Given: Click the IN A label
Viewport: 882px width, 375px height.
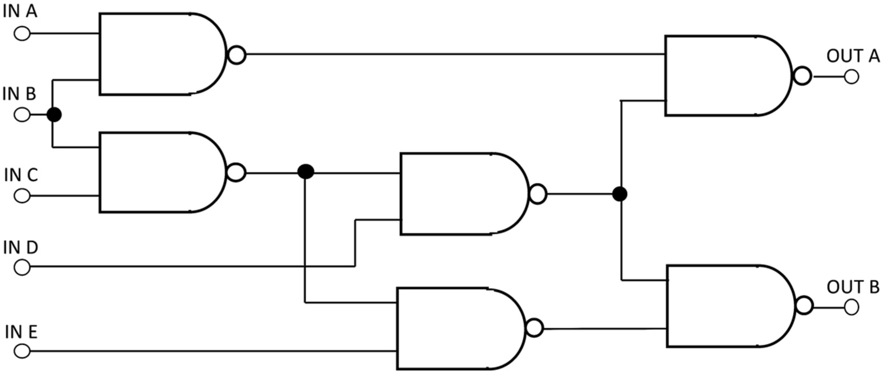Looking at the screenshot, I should pyautogui.click(x=20, y=12).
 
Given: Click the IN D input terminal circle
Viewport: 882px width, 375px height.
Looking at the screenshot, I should pyautogui.click(x=22, y=267).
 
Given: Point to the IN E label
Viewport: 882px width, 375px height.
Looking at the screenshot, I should pyautogui.click(x=21, y=332).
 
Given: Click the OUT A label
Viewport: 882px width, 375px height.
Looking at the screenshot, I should pyautogui.click(x=853, y=56).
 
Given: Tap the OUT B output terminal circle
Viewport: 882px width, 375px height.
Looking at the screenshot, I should pyautogui.click(x=851, y=307).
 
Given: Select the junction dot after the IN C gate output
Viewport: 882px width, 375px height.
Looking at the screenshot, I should pyautogui.click(x=305, y=172).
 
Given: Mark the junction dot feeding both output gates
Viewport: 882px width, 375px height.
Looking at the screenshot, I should pyautogui.click(x=620, y=194).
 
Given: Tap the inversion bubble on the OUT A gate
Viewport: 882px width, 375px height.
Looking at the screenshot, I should pyautogui.click(x=802, y=76).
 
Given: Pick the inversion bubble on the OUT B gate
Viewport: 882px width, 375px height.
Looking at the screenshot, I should pyautogui.click(x=804, y=305).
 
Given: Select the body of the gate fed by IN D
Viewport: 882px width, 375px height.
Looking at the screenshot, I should pyautogui.click(x=462, y=194).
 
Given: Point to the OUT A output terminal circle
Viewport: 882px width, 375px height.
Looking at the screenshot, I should pyautogui.click(x=851, y=77).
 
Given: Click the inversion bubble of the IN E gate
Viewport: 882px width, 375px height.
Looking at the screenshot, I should pyautogui.click(x=535, y=328).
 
